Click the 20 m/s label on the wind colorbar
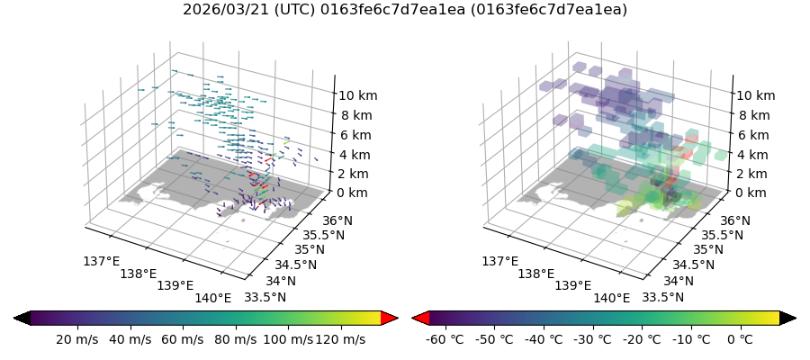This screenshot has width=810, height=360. (77, 339)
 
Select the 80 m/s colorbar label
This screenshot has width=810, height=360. (233, 339)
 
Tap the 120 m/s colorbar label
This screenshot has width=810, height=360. (340, 339)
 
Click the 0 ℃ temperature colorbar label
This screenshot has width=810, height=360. (740, 339)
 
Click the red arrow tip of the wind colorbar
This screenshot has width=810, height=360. (390, 318)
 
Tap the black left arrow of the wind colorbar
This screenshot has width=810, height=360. (22, 318)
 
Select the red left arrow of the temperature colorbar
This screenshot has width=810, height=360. (420, 318)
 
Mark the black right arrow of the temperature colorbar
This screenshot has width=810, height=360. (788, 318)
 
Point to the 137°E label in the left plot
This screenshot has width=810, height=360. (101, 261)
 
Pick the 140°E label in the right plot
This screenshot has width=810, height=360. (612, 298)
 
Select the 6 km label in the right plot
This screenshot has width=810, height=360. (752, 135)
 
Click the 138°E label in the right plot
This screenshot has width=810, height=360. (537, 274)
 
